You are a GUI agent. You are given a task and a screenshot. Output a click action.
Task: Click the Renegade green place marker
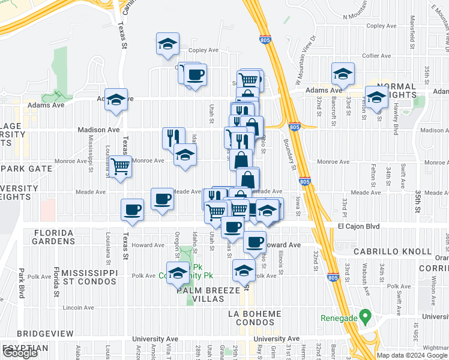(x=363, y=317)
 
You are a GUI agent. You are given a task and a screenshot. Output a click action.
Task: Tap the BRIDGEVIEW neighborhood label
(x=45, y=333)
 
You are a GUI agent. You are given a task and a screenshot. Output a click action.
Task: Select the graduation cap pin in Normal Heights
(x=376, y=98)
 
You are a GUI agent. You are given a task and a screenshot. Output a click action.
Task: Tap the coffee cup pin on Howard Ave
(x=255, y=242)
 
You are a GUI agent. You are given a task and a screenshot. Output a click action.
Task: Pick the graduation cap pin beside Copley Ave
(x=168, y=43)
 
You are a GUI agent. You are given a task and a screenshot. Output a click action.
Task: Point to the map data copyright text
(x=412, y=355)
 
